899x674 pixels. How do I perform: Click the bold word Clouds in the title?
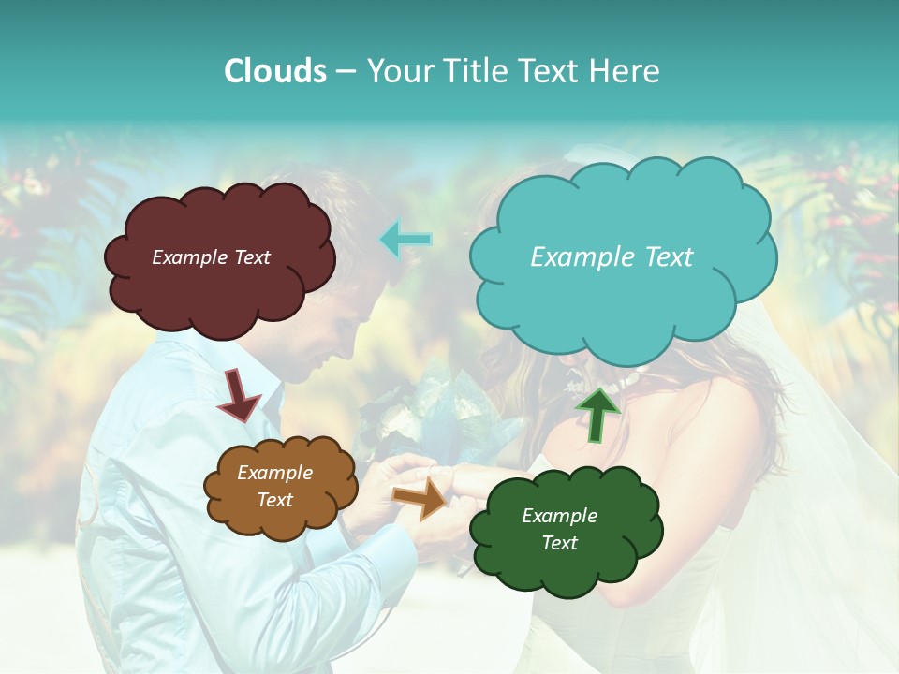click(275, 71)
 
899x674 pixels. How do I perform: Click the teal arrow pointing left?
click(405, 239)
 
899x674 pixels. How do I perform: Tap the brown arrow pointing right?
click(420, 497)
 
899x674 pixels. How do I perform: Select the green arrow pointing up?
click(597, 415)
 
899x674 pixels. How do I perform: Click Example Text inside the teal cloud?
click(612, 257)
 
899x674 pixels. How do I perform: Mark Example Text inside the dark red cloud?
click(211, 257)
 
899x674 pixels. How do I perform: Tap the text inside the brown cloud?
click(274, 487)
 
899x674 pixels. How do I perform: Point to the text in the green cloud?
click(559, 529)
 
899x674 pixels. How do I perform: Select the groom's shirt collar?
click(262, 374)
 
